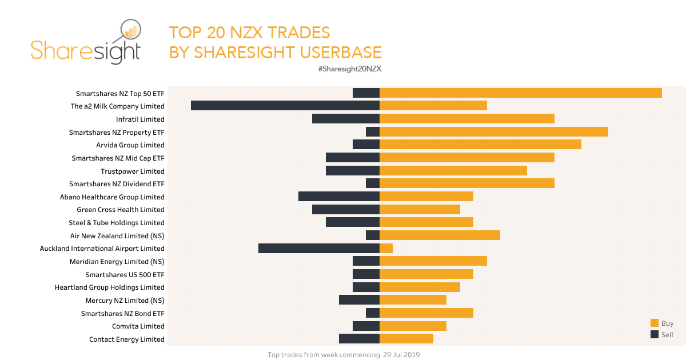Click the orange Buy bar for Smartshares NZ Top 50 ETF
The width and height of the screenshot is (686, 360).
tap(520, 93)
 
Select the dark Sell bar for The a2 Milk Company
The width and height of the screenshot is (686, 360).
tap(285, 106)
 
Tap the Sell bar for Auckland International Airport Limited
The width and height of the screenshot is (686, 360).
tap(318, 248)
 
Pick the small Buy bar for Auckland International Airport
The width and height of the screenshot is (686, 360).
tap(386, 248)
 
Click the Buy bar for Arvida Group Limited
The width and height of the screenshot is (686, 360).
tap(480, 145)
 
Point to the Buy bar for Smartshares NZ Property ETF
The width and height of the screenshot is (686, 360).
tap(493, 132)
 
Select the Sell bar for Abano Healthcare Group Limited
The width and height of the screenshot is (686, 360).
tap(338, 197)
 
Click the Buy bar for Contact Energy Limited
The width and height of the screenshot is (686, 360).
tap(406, 339)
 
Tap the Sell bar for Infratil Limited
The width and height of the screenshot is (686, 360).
tap(345, 119)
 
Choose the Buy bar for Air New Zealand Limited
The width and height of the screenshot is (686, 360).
tap(440, 235)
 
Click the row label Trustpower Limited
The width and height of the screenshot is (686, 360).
tap(132, 171)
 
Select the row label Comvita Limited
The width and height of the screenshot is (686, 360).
tap(138, 326)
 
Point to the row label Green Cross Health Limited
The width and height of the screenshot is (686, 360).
tap(120, 210)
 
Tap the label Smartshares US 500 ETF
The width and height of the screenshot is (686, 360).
tap(125, 274)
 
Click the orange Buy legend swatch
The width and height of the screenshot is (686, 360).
tap(655, 323)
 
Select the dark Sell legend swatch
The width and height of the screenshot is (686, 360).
tap(655, 334)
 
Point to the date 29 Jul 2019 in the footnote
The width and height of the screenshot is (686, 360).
tap(401, 355)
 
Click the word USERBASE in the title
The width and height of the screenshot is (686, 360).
tap(336, 53)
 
